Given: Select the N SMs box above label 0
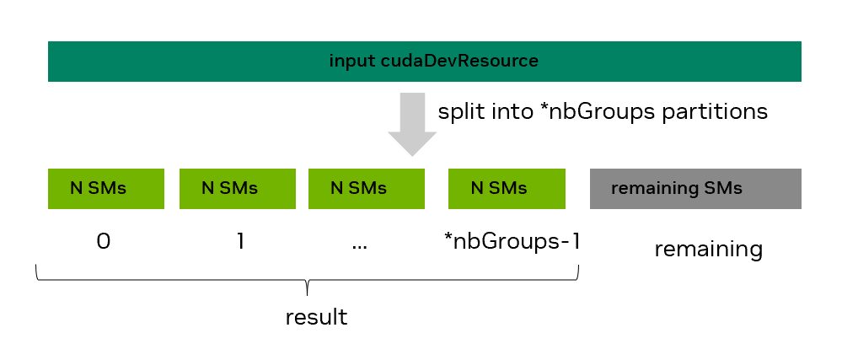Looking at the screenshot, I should pyautogui.click(x=105, y=188).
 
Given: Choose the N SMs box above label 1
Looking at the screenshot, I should pyautogui.click(x=237, y=188).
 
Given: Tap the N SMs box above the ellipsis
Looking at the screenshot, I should pyautogui.click(x=367, y=188).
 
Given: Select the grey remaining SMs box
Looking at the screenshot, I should pyautogui.click(x=695, y=188).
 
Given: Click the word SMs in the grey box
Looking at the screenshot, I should pyautogui.click(x=722, y=188).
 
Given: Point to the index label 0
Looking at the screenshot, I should pyautogui.click(x=104, y=242).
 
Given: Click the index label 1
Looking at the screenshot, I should pyautogui.click(x=239, y=242).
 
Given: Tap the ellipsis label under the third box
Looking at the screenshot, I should pyautogui.click(x=360, y=245).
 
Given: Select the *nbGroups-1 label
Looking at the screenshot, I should pyautogui.click(x=512, y=242).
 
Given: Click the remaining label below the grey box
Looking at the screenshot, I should pyautogui.click(x=708, y=250).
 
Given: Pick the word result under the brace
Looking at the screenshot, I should pyautogui.click(x=316, y=318).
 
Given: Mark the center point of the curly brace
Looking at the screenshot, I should pyautogui.click(x=308, y=287).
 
